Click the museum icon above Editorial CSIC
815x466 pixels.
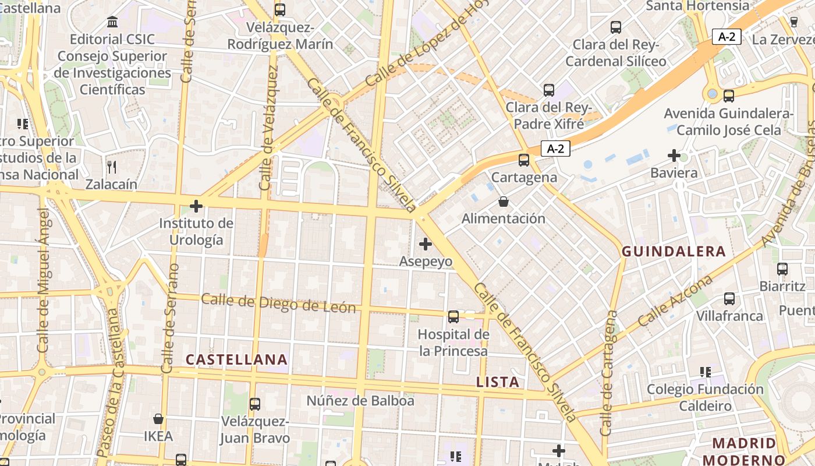[112, 22]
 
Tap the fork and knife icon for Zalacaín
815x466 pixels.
[112, 167]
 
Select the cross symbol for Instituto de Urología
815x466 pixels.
[196, 206]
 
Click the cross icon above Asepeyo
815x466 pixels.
[426, 244]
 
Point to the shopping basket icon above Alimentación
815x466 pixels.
[504, 202]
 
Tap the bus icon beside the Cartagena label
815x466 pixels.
[524, 160]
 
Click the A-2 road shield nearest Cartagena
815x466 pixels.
[555, 149]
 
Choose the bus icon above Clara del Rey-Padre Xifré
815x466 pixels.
[549, 90]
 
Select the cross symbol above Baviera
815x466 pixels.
[674, 156]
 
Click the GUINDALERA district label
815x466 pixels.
[674, 252]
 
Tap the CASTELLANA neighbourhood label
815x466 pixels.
[236, 359]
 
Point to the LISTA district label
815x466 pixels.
[497, 382]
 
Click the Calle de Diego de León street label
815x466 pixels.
[278, 303]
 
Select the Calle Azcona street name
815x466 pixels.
[675, 301]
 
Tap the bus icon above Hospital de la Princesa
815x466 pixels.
[453, 317]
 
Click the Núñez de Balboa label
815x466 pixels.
[360, 401]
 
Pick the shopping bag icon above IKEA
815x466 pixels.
[158, 419]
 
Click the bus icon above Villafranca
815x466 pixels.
[729, 299]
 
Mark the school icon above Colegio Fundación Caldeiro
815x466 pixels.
[706, 372]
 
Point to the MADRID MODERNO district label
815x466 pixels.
[744, 451]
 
